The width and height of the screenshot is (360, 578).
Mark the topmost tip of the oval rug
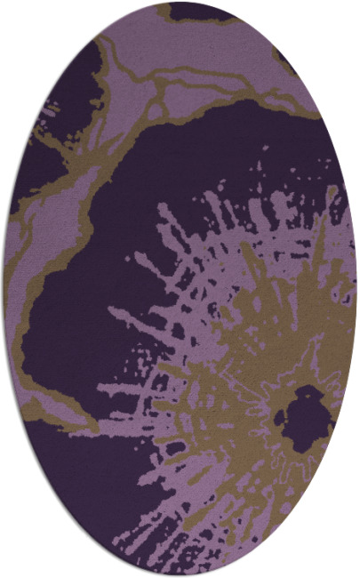180,3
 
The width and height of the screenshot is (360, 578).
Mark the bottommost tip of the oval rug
180,575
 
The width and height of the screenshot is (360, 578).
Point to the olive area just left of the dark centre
240,409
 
